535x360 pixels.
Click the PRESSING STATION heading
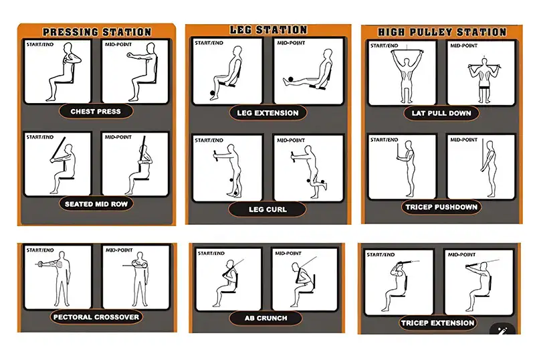(97, 32)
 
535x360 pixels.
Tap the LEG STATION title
(268, 29)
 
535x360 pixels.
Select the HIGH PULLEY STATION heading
(442, 32)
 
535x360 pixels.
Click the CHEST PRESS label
(96, 111)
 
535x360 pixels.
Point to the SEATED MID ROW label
(96, 204)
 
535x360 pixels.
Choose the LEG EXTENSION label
(267, 113)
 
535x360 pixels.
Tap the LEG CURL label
(267, 209)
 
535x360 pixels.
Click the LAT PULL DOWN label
(441, 113)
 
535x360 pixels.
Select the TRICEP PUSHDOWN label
(441, 207)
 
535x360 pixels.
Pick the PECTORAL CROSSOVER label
(96, 317)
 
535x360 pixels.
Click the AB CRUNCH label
(265, 318)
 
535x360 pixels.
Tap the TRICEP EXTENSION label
(437, 323)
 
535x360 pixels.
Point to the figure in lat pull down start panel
(407, 76)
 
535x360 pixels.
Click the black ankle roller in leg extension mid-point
(290, 80)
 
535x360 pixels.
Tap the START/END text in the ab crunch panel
(211, 253)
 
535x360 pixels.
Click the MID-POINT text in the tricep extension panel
(461, 254)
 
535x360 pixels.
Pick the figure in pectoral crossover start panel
(56, 279)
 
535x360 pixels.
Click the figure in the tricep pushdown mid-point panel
(490, 169)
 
